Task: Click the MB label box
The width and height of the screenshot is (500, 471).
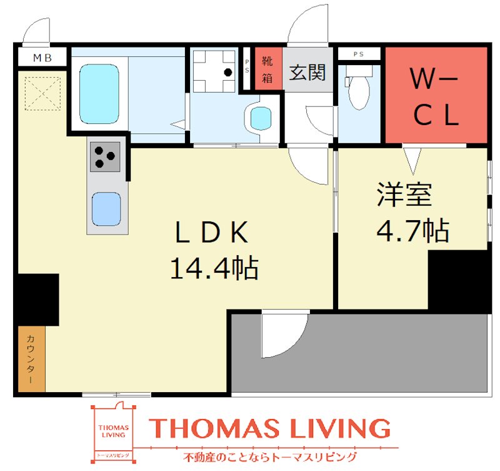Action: [42, 59]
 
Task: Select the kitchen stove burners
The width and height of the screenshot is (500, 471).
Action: [105, 156]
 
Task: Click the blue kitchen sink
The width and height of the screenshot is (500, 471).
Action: [106, 209]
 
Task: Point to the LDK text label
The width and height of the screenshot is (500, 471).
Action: [212, 233]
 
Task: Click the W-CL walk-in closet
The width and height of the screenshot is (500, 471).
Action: [435, 95]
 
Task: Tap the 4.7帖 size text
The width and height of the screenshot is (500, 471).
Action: [412, 230]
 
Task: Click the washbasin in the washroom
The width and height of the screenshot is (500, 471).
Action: [259, 117]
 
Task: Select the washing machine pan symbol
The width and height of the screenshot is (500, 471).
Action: [212, 71]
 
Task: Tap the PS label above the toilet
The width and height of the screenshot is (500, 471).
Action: [359, 54]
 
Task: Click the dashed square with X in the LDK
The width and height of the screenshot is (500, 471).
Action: [43, 94]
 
